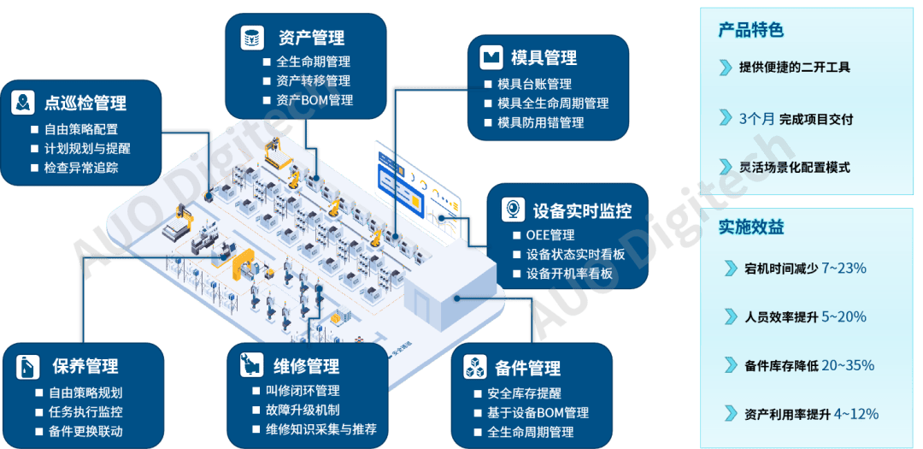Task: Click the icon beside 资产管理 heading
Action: point(251,38)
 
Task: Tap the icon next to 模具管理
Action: point(490,57)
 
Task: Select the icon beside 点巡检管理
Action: point(22,103)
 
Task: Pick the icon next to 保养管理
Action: point(27,367)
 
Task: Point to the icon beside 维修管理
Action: point(250,365)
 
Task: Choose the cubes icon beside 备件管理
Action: point(475,368)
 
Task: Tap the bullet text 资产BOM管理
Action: point(315,100)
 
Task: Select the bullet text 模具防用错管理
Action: point(540,122)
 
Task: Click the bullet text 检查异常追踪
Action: point(80,168)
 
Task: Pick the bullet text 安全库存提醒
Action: point(524,393)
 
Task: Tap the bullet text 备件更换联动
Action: point(85,431)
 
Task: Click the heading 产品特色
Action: point(750,30)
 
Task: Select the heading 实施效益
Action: point(750,227)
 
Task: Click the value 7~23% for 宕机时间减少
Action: point(844,269)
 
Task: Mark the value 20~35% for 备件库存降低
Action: point(847,365)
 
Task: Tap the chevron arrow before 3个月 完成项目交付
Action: point(726,118)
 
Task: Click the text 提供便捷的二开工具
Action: point(795,68)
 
